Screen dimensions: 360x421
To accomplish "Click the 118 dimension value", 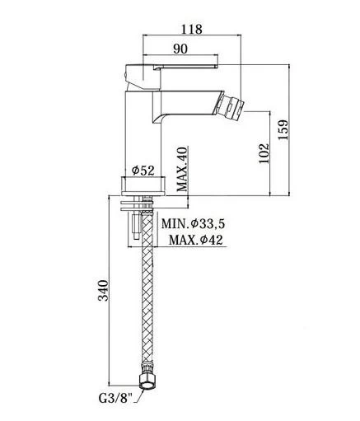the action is point(192,29).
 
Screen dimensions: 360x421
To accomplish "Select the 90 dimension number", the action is point(180,49).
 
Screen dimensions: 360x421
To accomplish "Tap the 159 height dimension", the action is point(283,129).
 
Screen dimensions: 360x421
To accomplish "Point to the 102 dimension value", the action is point(264,153).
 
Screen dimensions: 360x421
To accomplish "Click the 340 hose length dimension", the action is point(104,290).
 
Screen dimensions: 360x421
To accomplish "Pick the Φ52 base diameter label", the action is point(143,171).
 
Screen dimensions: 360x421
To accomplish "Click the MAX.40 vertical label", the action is point(182,169).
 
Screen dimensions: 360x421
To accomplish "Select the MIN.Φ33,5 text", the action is point(193,224).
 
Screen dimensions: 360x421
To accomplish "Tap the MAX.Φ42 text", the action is point(195,240).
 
